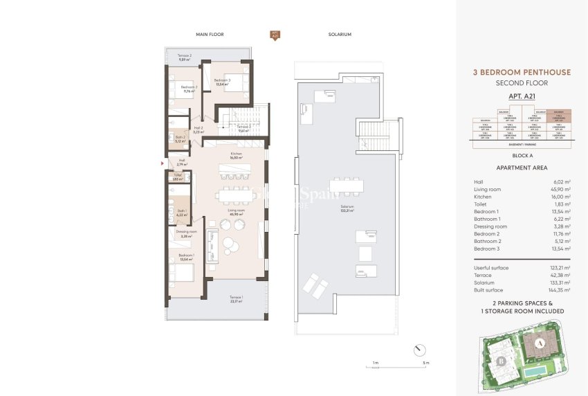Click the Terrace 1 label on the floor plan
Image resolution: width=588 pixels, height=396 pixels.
(x=237, y=298)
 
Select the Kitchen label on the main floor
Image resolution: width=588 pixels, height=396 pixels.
(x=236, y=156)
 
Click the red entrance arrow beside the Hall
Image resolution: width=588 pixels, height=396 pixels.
(x=163, y=163)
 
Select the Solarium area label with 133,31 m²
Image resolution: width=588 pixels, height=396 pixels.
(x=347, y=208)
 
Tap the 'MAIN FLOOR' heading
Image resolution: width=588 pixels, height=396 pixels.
(x=210, y=34)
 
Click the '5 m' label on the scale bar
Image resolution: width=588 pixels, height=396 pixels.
(x=426, y=363)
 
